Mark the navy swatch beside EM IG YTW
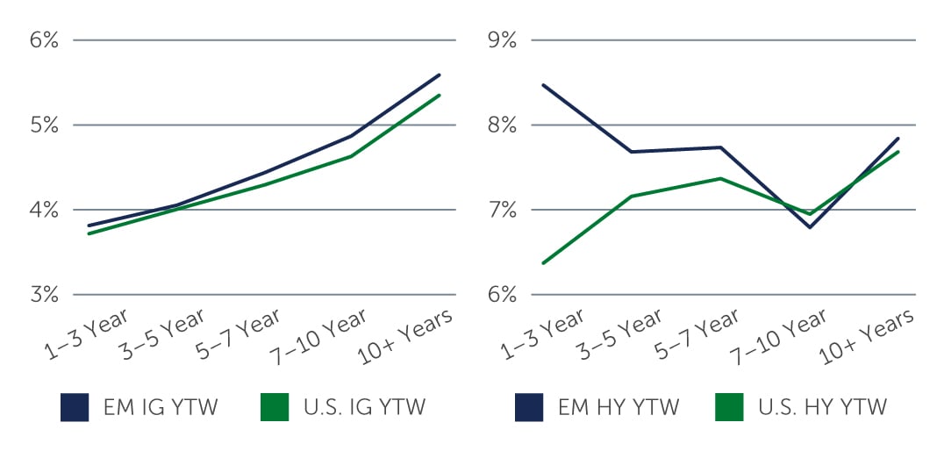pos(75,407)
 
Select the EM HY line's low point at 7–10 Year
pos(808,227)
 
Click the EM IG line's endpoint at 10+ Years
pos(440,75)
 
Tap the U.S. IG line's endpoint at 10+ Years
pos(440,95)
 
